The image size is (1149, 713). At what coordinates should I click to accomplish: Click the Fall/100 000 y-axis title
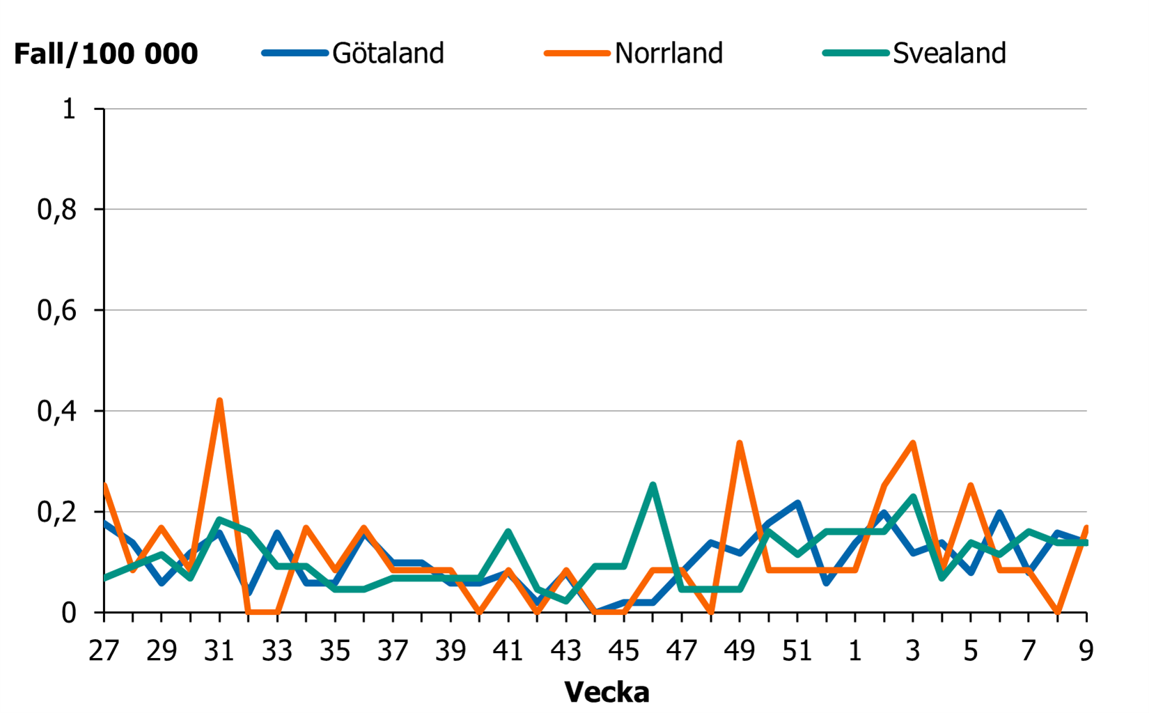pyautogui.click(x=106, y=54)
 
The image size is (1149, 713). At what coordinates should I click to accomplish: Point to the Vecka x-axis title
pyautogui.click(x=607, y=692)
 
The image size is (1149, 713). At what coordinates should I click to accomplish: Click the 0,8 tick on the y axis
pyautogui.click(x=57, y=210)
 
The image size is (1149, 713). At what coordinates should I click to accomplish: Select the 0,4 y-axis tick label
pyautogui.click(x=57, y=412)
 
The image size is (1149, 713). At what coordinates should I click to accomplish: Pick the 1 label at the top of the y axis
pyautogui.click(x=69, y=109)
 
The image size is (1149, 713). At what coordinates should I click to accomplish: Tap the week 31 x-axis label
pyautogui.click(x=219, y=651)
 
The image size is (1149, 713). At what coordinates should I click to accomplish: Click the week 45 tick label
pyautogui.click(x=623, y=651)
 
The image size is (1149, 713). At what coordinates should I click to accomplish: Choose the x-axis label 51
pyautogui.click(x=797, y=651)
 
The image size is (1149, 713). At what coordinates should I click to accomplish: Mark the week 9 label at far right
pyautogui.click(x=1086, y=651)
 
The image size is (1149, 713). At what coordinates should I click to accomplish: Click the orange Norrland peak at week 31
pyautogui.click(x=219, y=401)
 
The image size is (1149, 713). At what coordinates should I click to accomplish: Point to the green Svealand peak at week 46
pyautogui.click(x=652, y=485)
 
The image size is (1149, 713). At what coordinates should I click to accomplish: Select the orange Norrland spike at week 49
pyautogui.click(x=739, y=443)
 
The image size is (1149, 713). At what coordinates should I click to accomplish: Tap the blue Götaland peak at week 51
pyautogui.click(x=797, y=503)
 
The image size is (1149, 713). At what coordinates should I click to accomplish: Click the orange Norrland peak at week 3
pyautogui.click(x=912, y=443)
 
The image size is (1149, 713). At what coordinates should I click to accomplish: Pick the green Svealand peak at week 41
pyautogui.click(x=508, y=532)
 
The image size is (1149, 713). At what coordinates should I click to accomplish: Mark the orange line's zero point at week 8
pyautogui.click(x=1057, y=612)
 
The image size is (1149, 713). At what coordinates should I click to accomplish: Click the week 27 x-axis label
pyautogui.click(x=103, y=651)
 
